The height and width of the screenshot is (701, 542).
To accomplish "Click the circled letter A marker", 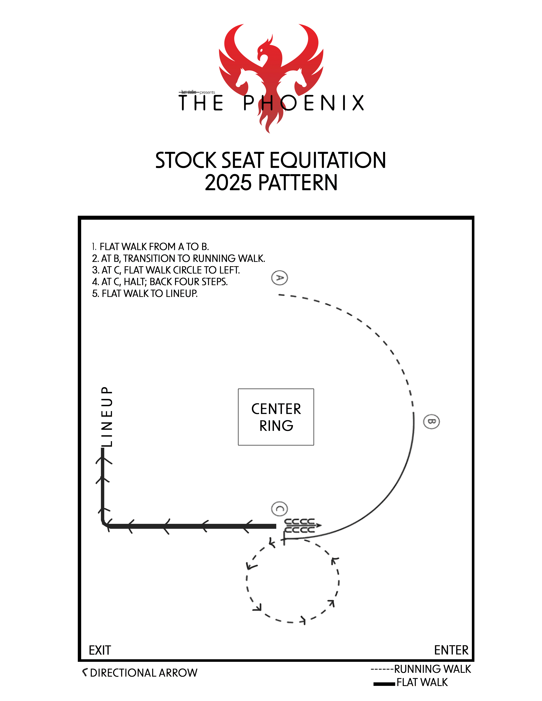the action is [x=279, y=278].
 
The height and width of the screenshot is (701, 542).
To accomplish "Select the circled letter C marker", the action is [x=279, y=509].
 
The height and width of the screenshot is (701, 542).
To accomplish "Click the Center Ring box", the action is [x=276, y=417].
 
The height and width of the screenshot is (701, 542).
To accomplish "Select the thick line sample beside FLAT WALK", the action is [x=384, y=684].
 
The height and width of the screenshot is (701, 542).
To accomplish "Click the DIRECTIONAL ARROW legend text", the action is [x=143, y=673].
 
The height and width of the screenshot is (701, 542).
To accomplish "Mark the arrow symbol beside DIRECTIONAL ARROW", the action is [x=85, y=672].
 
